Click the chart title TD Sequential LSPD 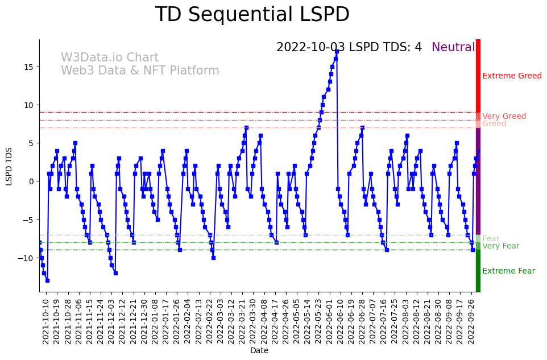pos(252,15)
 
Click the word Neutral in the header pos(453,47)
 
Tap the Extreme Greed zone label pos(512,76)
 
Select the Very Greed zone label pos(504,116)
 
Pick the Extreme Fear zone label pos(508,271)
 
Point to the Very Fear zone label pos(500,246)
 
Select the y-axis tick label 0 pos(32,181)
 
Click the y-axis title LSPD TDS pos(9,166)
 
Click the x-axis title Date pos(259,350)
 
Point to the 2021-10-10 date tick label pos(46,321)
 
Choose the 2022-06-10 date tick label pos(340,321)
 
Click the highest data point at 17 pos(337,51)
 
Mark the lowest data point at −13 pos(47,280)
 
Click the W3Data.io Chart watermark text pos(110,57)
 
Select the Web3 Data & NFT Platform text pos(140,71)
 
